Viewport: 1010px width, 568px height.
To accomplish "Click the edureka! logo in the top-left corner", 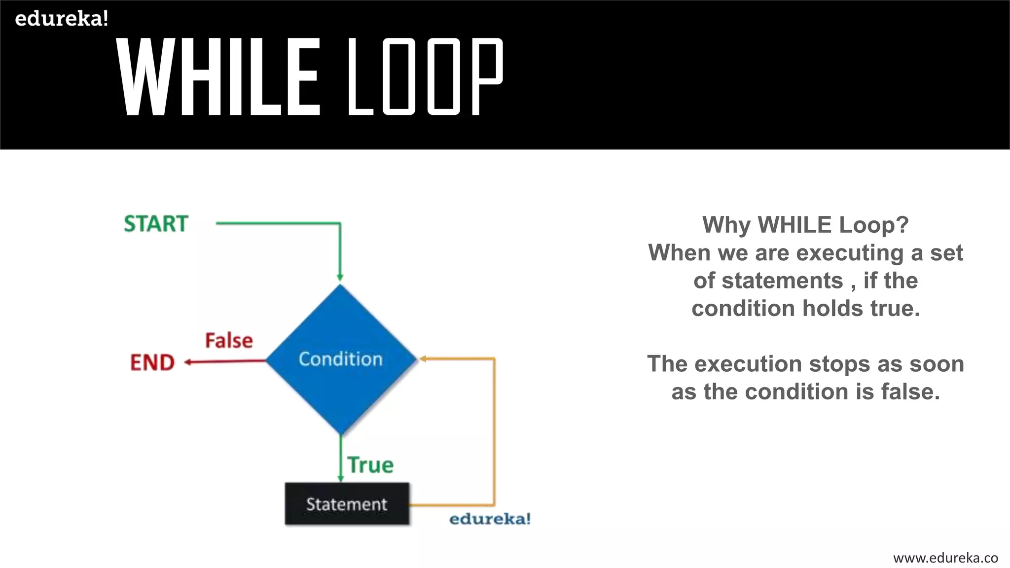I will tap(61, 19).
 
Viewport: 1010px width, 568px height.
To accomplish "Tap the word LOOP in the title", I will tap(425, 77).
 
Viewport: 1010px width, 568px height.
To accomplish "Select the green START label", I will tap(156, 224).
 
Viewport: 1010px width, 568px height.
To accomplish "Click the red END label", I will tap(152, 362).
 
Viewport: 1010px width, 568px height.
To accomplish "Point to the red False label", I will tap(229, 341).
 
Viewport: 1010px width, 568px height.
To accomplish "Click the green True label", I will tap(370, 465).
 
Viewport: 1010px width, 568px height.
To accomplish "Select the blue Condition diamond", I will tap(341, 359).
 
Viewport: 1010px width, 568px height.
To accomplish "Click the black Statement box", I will tap(347, 504).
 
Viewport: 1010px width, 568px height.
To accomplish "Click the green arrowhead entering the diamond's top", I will tap(340, 278).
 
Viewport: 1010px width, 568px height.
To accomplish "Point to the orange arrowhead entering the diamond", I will tap(422, 359).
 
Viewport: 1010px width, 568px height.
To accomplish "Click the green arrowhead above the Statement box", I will tap(340, 478).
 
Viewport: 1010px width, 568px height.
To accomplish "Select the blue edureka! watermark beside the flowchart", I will tap(490, 519).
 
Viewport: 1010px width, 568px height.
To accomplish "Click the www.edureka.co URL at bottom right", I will tap(945, 558).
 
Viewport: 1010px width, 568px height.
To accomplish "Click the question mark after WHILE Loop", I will tap(902, 225).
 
